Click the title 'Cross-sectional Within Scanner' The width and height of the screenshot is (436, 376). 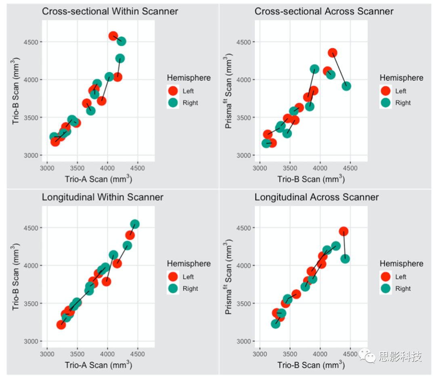pos(110,11)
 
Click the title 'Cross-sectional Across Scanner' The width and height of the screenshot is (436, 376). pos(324,11)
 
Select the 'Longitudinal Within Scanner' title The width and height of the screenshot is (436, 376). pos(103,197)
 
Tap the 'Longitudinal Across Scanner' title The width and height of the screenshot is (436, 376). pos(317,197)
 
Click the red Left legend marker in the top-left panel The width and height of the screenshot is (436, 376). pos(173,91)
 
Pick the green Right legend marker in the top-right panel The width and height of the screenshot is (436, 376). pos(386,103)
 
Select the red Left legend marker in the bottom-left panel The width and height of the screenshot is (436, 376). pos(173,277)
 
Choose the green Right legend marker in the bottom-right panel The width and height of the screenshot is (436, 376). pos(386,288)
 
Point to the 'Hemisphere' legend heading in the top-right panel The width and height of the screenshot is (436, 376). pos(401,78)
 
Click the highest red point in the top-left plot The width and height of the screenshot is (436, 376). pos(113,36)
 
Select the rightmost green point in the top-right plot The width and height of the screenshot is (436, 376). pos(346,86)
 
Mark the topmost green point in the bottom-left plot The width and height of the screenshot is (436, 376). pos(135,224)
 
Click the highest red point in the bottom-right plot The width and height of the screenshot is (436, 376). pos(344,231)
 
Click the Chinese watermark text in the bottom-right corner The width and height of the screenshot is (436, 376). pos(400,356)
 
